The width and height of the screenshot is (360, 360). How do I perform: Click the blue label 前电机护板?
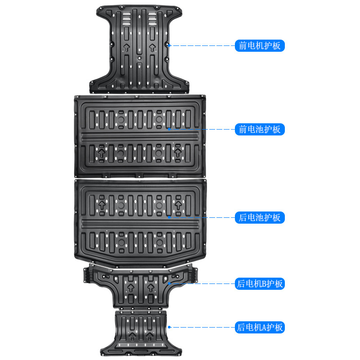[260, 45]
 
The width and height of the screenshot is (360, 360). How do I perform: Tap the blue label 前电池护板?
[260, 130]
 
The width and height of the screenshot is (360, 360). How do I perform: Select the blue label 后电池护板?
[260, 218]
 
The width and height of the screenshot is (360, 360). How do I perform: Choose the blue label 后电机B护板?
[260, 283]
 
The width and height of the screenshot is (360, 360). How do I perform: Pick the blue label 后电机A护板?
[260, 327]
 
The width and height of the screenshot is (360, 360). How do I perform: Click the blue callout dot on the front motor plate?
[169, 45]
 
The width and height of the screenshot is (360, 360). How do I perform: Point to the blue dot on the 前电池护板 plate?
[169, 129]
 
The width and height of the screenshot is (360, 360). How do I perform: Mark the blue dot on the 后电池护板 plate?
[169, 217]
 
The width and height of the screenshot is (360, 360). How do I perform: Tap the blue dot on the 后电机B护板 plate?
[169, 283]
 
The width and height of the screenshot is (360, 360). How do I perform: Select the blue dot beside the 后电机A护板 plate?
[169, 327]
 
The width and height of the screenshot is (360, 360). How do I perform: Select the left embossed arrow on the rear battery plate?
[101, 205]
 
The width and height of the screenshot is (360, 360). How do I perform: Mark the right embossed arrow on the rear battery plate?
[178, 205]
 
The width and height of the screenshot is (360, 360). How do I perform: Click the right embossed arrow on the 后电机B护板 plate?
[150, 287]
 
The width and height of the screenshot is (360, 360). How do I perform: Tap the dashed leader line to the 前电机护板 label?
[202, 45]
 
